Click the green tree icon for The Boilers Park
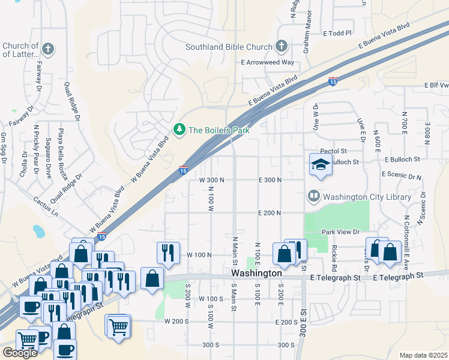[x=179, y=130]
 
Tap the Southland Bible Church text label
[x=228, y=46]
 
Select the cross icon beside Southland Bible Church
[x=281, y=46]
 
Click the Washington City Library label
[x=367, y=196]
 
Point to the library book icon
[x=313, y=196]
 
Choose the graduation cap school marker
[x=321, y=164]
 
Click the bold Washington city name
[x=256, y=273]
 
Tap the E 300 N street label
[x=270, y=180]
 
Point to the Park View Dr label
[x=340, y=232]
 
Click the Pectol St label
[x=334, y=151]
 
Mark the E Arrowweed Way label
[x=267, y=62]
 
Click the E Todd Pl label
[x=337, y=34]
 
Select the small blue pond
[x=38, y=231]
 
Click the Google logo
[x=20, y=353]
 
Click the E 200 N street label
[x=270, y=213]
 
